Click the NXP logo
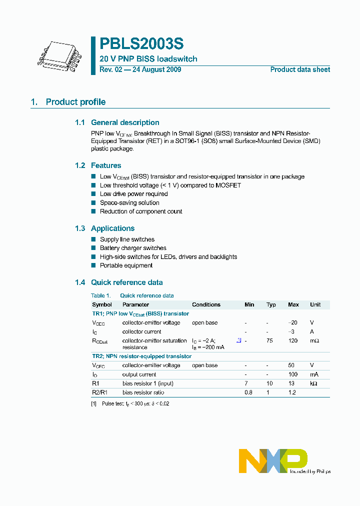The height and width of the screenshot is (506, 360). [273, 460]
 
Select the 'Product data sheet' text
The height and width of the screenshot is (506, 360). [300, 69]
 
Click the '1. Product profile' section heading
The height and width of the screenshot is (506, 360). [68, 102]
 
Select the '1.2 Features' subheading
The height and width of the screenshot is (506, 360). [98, 165]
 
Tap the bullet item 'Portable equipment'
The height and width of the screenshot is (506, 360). [126, 265]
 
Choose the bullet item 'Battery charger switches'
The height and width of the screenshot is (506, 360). [133, 248]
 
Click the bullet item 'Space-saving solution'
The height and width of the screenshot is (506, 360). [129, 203]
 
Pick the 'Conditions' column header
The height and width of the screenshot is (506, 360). [206, 304]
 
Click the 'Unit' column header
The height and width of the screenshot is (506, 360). [315, 304]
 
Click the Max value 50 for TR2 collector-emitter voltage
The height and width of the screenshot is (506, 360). [292, 365]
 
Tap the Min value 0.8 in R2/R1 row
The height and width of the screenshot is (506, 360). [248, 392]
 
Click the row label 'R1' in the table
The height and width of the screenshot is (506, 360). [95, 383]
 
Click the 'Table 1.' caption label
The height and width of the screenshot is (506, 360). [100, 295]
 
